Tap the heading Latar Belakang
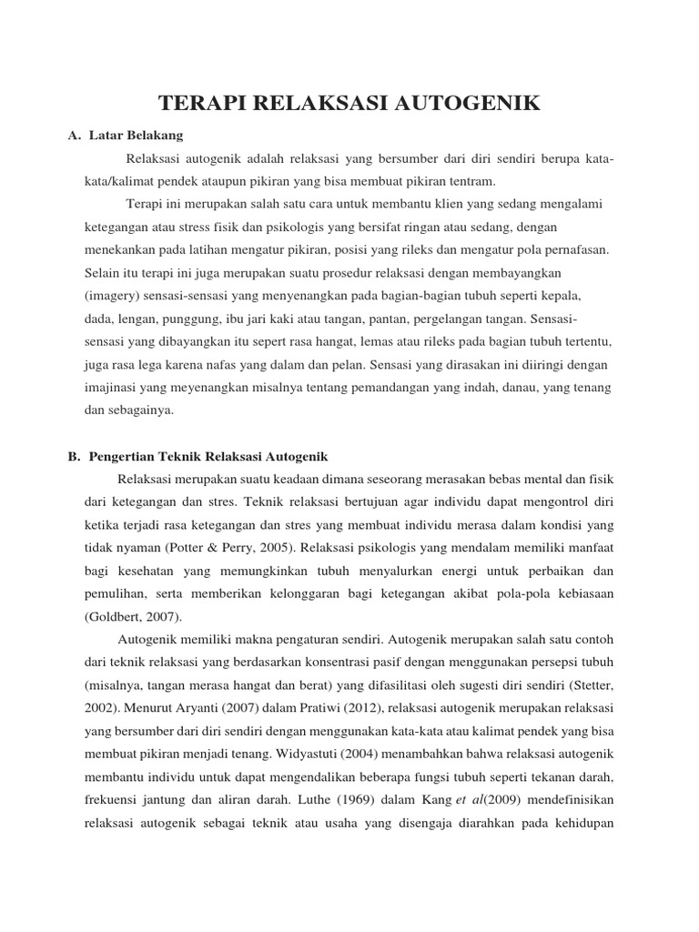137,136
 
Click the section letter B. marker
75,456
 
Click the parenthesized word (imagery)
111,297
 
